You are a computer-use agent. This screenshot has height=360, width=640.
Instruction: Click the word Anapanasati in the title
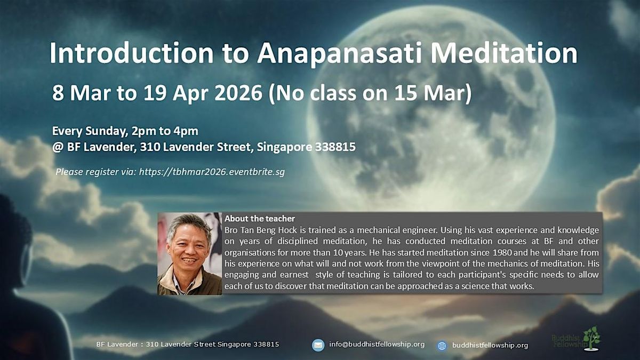point(339,54)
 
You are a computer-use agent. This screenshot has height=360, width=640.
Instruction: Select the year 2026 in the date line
point(238,93)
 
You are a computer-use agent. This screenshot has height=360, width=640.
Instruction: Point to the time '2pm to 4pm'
point(165,131)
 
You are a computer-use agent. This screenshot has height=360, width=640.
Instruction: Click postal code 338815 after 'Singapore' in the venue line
point(335,147)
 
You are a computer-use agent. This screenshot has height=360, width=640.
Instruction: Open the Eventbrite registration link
point(212,172)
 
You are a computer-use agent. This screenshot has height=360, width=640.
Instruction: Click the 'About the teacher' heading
point(260,219)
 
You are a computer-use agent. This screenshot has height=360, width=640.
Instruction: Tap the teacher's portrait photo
point(190,253)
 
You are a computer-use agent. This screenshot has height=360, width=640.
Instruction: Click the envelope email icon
point(318,345)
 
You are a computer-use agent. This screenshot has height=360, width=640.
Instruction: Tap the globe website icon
point(442,346)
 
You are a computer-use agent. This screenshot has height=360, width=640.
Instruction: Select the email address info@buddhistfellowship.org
point(377,345)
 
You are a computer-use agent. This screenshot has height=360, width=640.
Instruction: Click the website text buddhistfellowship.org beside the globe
point(490,346)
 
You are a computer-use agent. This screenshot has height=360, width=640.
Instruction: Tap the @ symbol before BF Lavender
point(58,147)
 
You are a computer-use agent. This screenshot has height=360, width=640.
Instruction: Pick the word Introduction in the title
point(131,53)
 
